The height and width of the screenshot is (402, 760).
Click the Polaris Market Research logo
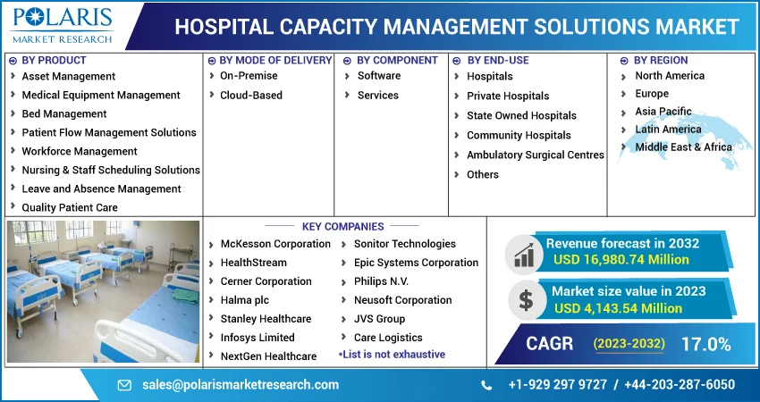point(63,25)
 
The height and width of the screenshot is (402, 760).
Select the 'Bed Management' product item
point(64,113)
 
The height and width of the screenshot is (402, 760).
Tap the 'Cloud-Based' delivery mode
point(251,96)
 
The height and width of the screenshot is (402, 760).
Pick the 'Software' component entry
point(379,76)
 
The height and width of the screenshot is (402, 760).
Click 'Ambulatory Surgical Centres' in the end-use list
point(535,155)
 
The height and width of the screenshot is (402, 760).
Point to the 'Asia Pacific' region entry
point(663,112)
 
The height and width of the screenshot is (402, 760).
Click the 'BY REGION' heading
point(661,61)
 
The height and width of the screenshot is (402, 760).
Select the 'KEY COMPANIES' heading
point(342,227)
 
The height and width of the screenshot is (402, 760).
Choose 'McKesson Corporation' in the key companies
point(275,244)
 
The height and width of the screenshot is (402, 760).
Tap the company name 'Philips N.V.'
point(381,281)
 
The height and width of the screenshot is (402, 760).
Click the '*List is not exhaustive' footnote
point(392,355)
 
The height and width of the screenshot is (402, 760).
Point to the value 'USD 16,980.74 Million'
point(621,260)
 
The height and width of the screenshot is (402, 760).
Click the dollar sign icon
point(526,300)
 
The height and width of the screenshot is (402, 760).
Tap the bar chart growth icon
point(524,255)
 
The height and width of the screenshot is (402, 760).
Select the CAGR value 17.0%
point(705,344)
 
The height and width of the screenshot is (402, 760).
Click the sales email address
point(241,385)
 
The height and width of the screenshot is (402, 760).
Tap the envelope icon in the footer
point(124,386)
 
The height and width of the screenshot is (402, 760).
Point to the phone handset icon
point(486,386)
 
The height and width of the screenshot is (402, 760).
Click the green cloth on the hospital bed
point(185,295)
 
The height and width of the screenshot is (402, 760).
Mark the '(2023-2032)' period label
point(629,344)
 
